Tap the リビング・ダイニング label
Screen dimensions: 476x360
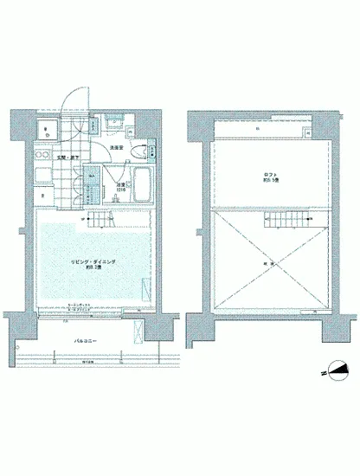(x=86, y=261)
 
